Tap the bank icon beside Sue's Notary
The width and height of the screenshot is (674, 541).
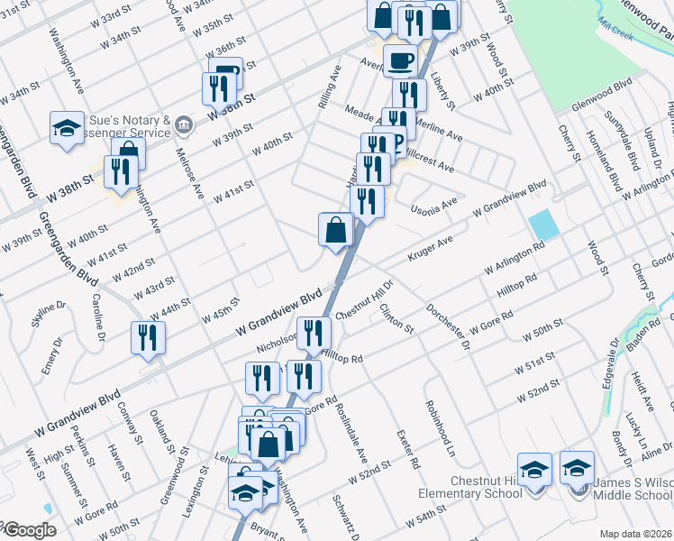[x=184, y=123]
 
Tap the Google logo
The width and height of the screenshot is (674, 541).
[x=29, y=530]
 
